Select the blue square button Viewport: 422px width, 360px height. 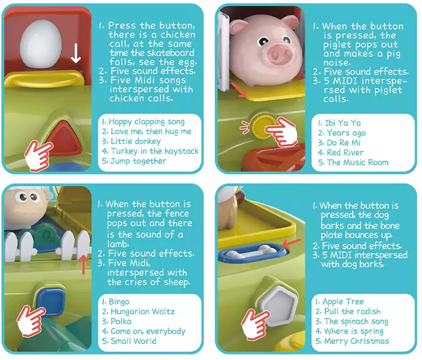(51, 300)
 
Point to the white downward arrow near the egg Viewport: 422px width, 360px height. (76, 53)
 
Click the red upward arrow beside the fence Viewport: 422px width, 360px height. (84, 265)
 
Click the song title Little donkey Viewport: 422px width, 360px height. (136, 141)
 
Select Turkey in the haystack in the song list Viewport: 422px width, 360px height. (154, 151)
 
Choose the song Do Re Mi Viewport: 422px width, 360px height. (343, 142)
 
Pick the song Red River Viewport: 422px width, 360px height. (345, 153)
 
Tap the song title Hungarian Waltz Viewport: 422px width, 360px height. (142, 312)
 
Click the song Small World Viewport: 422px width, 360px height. (134, 341)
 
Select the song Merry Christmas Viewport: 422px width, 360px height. (357, 341)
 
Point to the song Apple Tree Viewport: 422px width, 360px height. (343, 302)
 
